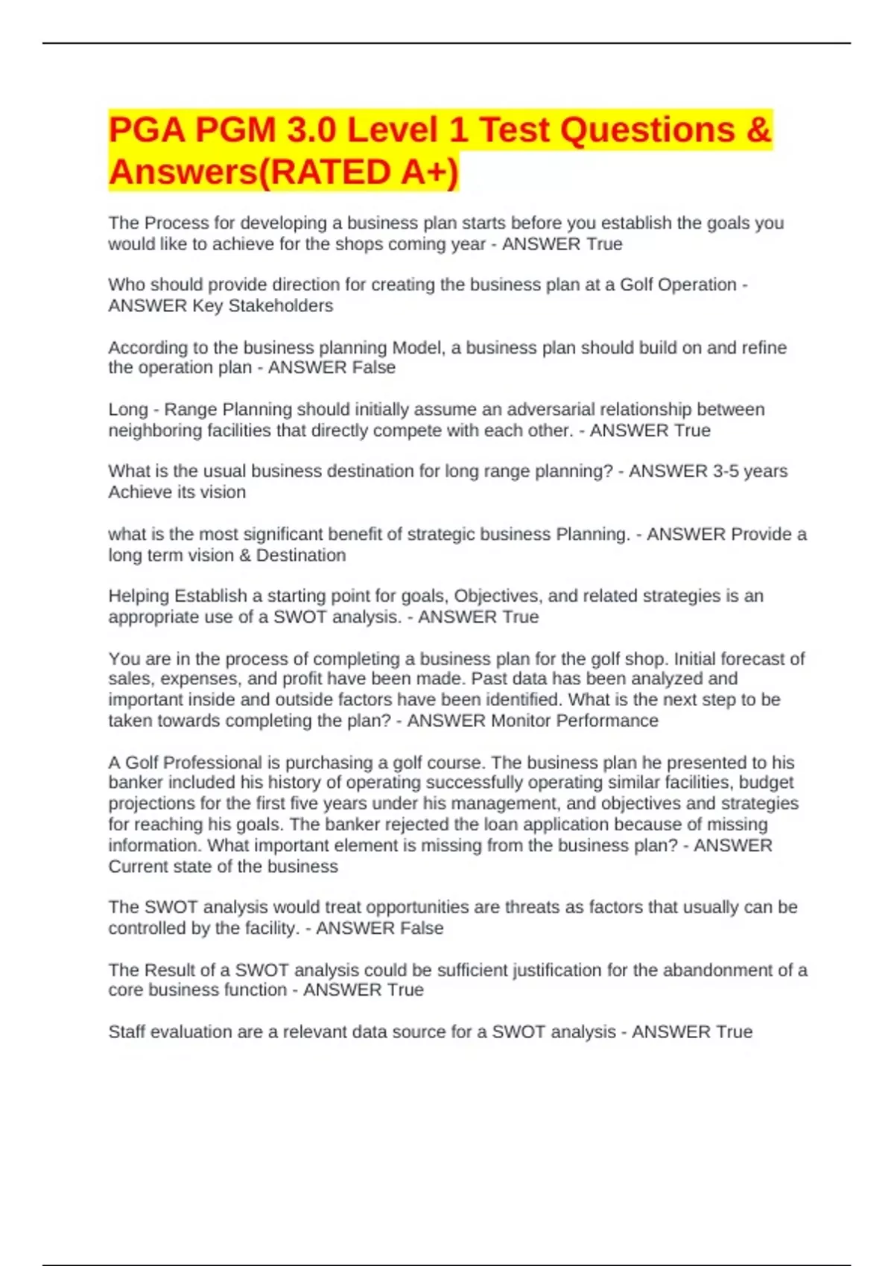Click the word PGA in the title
(146, 130)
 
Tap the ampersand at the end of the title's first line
(757, 130)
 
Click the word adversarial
(550, 410)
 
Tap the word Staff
(126, 1032)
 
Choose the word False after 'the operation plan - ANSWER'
(370, 368)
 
